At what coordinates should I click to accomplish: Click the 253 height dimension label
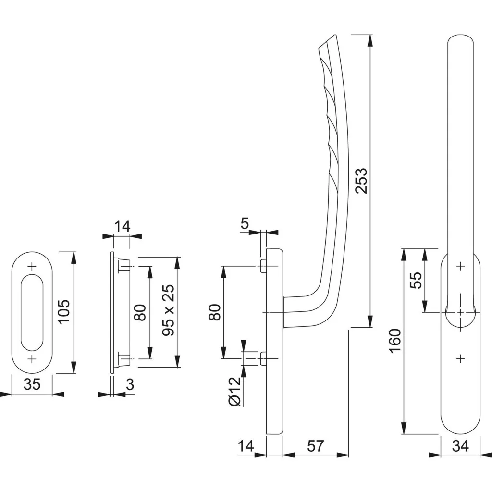click(x=361, y=181)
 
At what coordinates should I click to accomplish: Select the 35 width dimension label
click(x=31, y=385)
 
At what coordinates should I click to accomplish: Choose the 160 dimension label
click(x=395, y=341)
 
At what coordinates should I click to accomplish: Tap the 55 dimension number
click(x=416, y=280)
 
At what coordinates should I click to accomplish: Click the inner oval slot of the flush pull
click(x=32, y=312)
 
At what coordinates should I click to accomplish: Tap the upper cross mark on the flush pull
click(x=32, y=266)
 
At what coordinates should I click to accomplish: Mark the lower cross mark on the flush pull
click(x=32, y=359)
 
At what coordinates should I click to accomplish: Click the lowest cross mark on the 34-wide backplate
click(x=460, y=358)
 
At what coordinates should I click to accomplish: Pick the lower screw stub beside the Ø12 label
click(x=263, y=358)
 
